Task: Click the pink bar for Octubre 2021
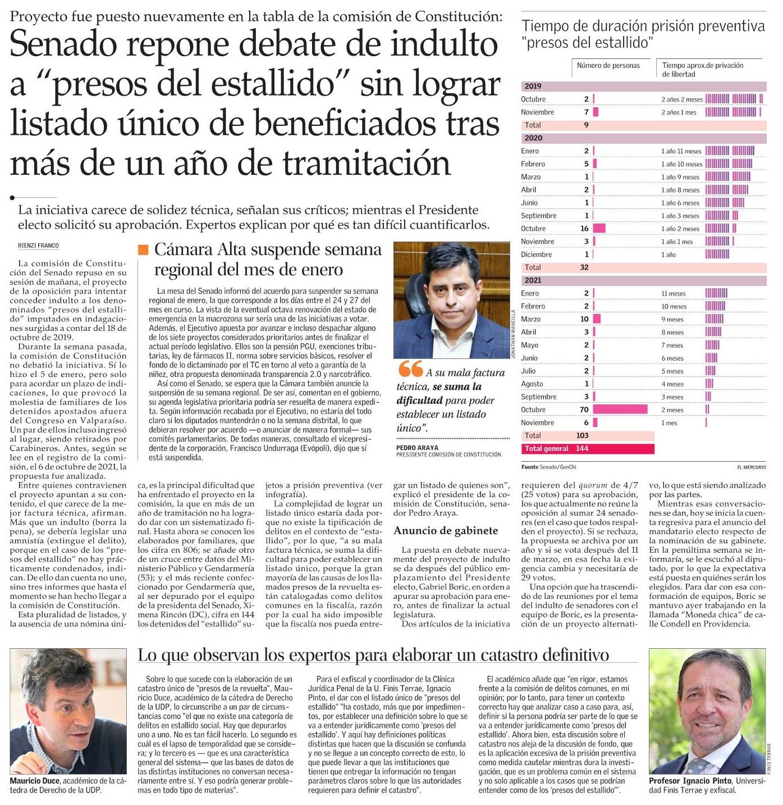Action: [x=620, y=410]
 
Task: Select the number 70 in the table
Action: [x=584, y=410]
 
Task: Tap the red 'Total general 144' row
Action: [x=588, y=448]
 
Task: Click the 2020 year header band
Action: [x=643, y=138]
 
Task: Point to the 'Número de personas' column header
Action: [x=608, y=66]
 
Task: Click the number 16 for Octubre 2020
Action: [x=584, y=229]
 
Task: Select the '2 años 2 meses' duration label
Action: [x=681, y=99]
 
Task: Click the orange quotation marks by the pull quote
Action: [x=410, y=369]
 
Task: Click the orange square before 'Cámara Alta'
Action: [x=143, y=249]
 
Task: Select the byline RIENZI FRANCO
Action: [x=38, y=245]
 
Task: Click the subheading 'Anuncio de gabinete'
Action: [x=446, y=530]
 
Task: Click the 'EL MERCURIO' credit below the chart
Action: [x=751, y=467]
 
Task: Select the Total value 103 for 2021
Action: [x=582, y=435]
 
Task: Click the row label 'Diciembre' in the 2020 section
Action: [x=536, y=254]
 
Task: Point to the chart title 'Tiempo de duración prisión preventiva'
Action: [x=643, y=26]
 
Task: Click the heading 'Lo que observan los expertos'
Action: [x=373, y=654]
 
